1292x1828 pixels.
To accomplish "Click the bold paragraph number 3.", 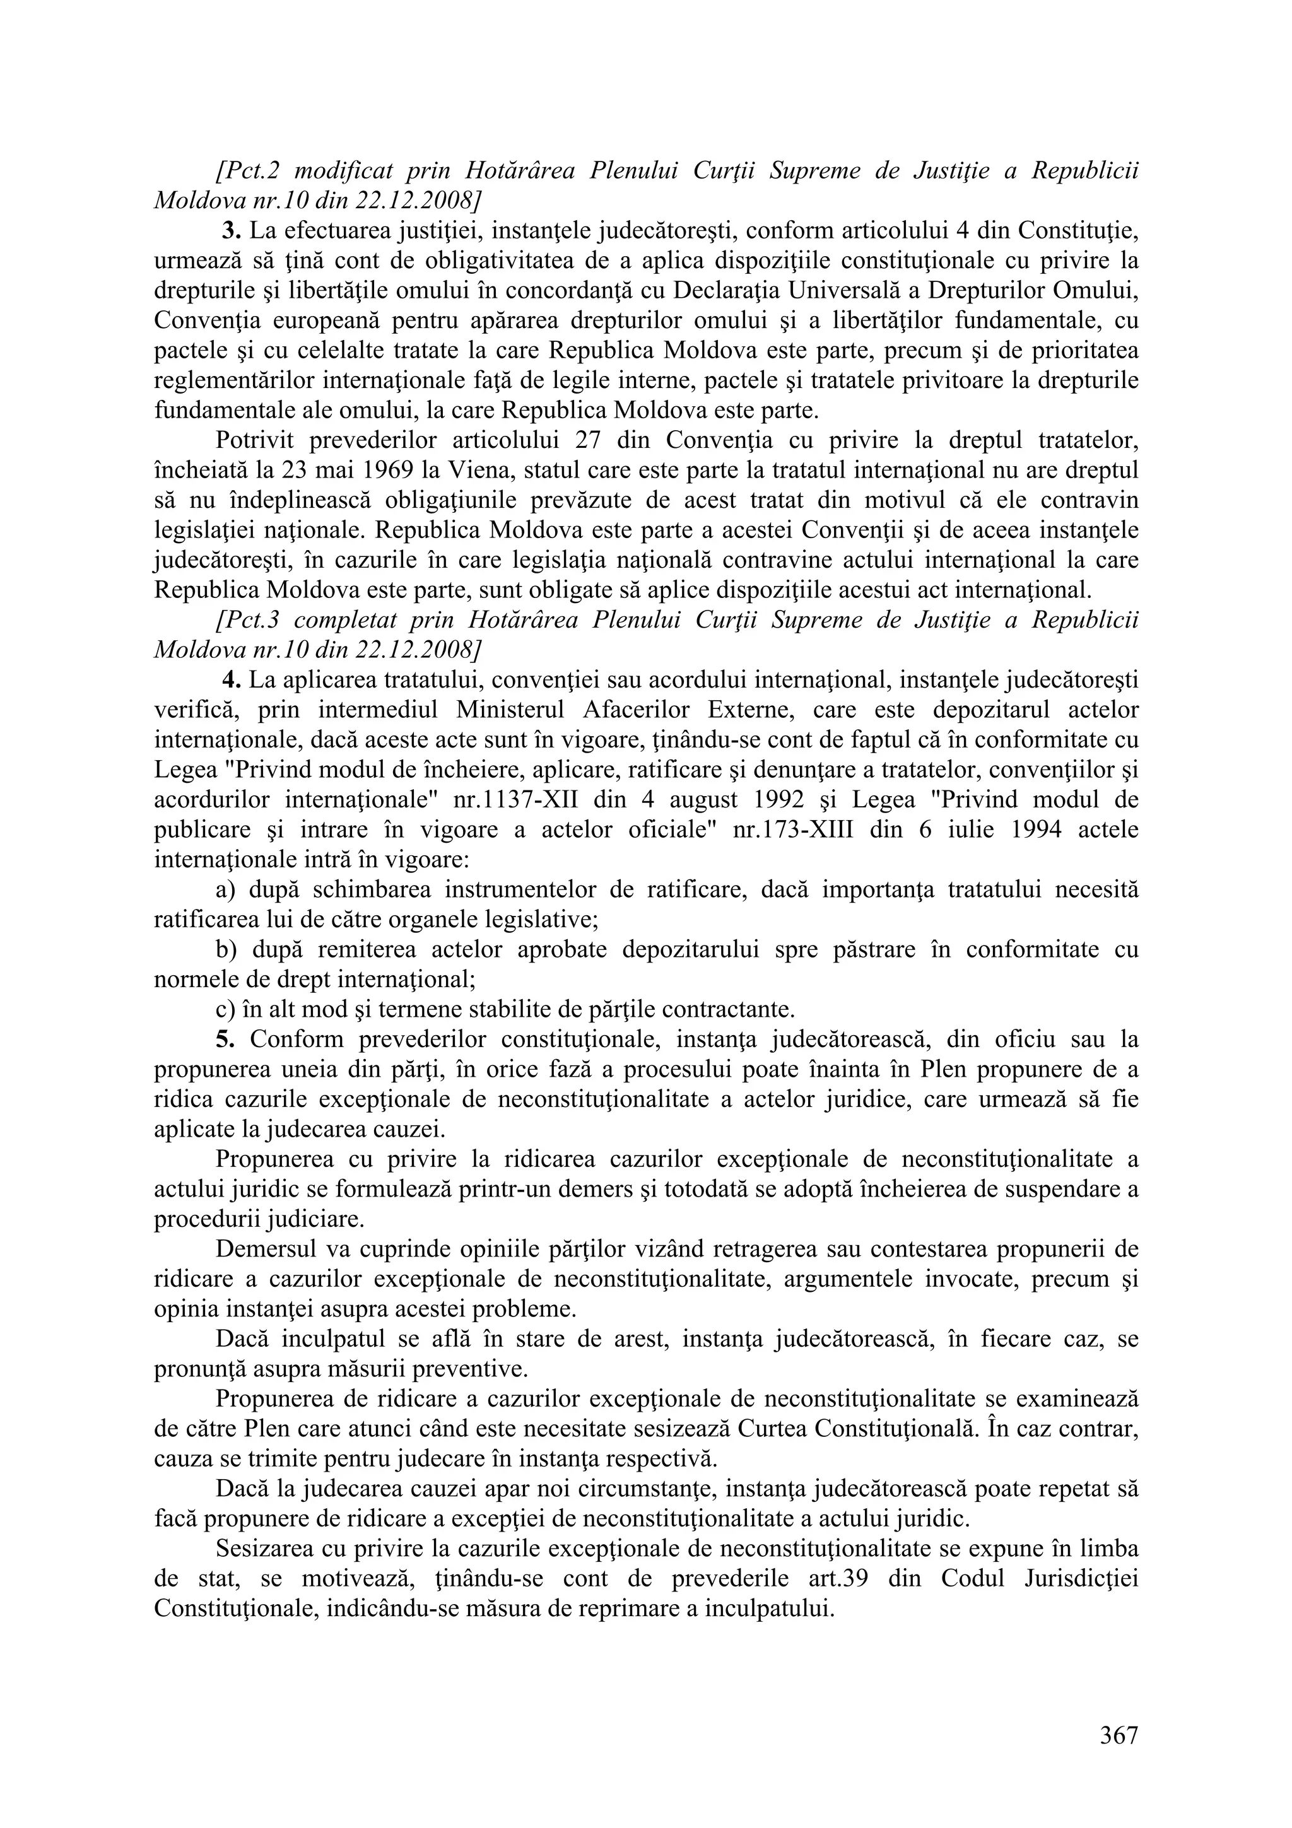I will pyautogui.click(x=232, y=231).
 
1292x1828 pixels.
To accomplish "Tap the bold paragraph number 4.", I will pyautogui.click(x=232, y=680).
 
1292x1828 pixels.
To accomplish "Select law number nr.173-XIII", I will pyautogui.click(x=792, y=829).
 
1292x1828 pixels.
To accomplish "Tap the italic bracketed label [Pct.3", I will pyautogui.click(x=247, y=620).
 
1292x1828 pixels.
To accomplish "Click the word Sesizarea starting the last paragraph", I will pyautogui.click(x=261, y=1549).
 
